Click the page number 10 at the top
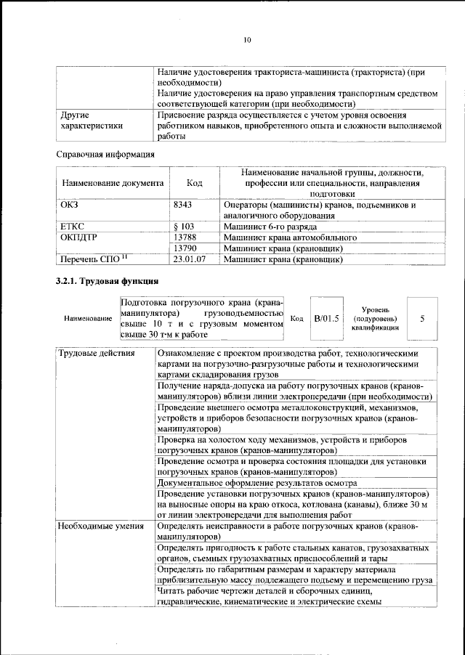247,40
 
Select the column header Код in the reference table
194,184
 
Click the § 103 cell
185,227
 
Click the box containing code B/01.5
326,318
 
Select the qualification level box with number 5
422,318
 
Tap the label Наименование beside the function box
86,319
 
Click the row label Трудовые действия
96,354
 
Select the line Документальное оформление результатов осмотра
256,482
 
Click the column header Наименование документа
112,184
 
